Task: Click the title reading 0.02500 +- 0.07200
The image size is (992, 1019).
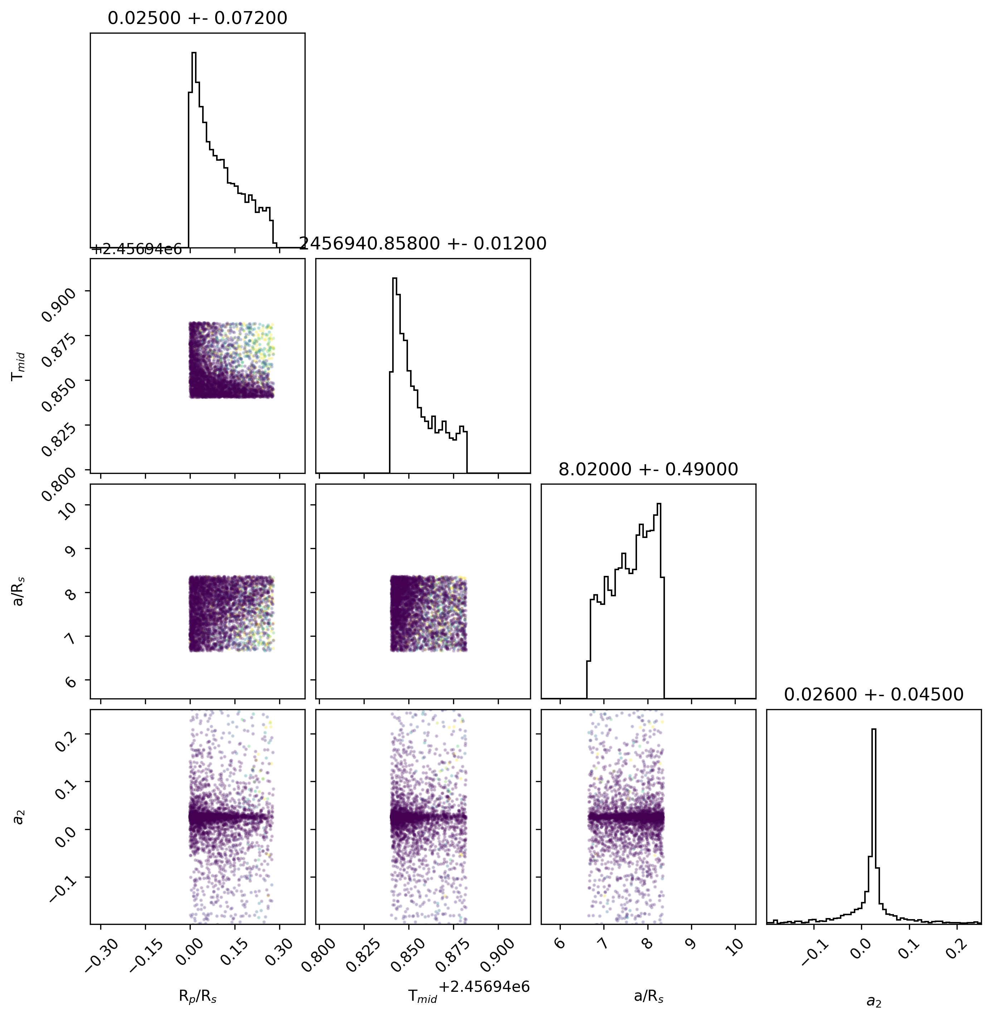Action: (x=198, y=18)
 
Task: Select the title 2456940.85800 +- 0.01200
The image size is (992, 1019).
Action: (x=423, y=243)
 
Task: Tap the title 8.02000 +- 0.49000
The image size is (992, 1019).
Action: (x=648, y=469)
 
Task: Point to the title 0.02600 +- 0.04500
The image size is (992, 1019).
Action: (x=874, y=694)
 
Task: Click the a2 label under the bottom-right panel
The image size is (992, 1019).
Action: (x=874, y=1001)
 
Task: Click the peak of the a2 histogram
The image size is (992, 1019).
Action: (x=874, y=729)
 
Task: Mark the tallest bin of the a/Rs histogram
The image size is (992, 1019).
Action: (x=658, y=504)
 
